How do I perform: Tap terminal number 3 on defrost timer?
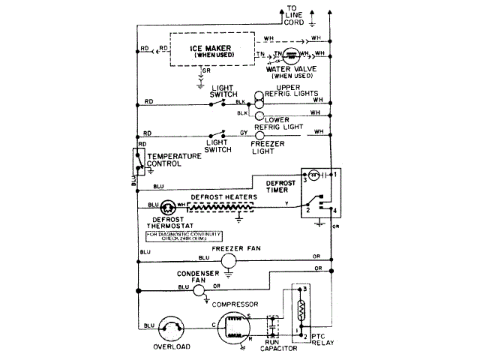pos(305,179)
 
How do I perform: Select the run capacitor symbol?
pos(271,327)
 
